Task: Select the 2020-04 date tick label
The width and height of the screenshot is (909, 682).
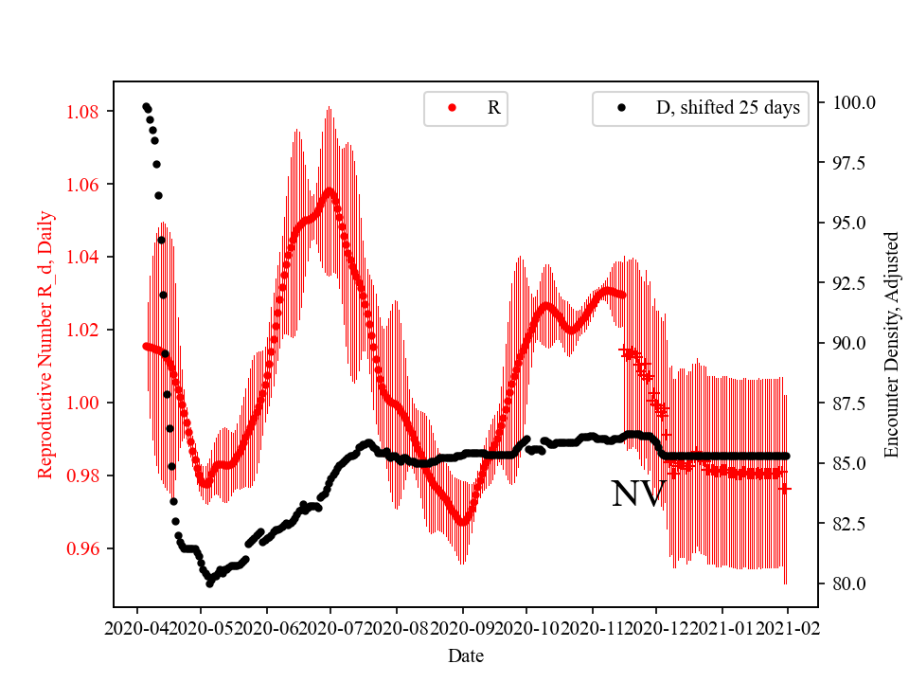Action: tap(137, 627)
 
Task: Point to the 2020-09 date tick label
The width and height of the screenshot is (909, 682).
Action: tap(462, 627)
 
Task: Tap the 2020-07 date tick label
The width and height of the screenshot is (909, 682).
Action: tap(331, 627)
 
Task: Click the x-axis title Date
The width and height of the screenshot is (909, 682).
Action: tap(465, 655)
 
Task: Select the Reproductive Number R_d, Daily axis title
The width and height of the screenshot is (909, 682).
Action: tap(45, 344)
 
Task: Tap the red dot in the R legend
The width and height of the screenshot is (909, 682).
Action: tap(452, 108)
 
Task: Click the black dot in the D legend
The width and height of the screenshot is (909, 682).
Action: tap(622, 108)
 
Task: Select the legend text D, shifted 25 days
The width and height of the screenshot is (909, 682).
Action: tap(727, 108)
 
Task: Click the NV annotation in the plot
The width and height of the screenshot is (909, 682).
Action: tap(638, 494)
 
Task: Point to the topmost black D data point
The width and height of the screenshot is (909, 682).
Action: tap(146, 107)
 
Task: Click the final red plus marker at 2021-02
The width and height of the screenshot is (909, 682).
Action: tap(785, 488)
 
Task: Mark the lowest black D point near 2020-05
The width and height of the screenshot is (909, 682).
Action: tap(209, 583)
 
